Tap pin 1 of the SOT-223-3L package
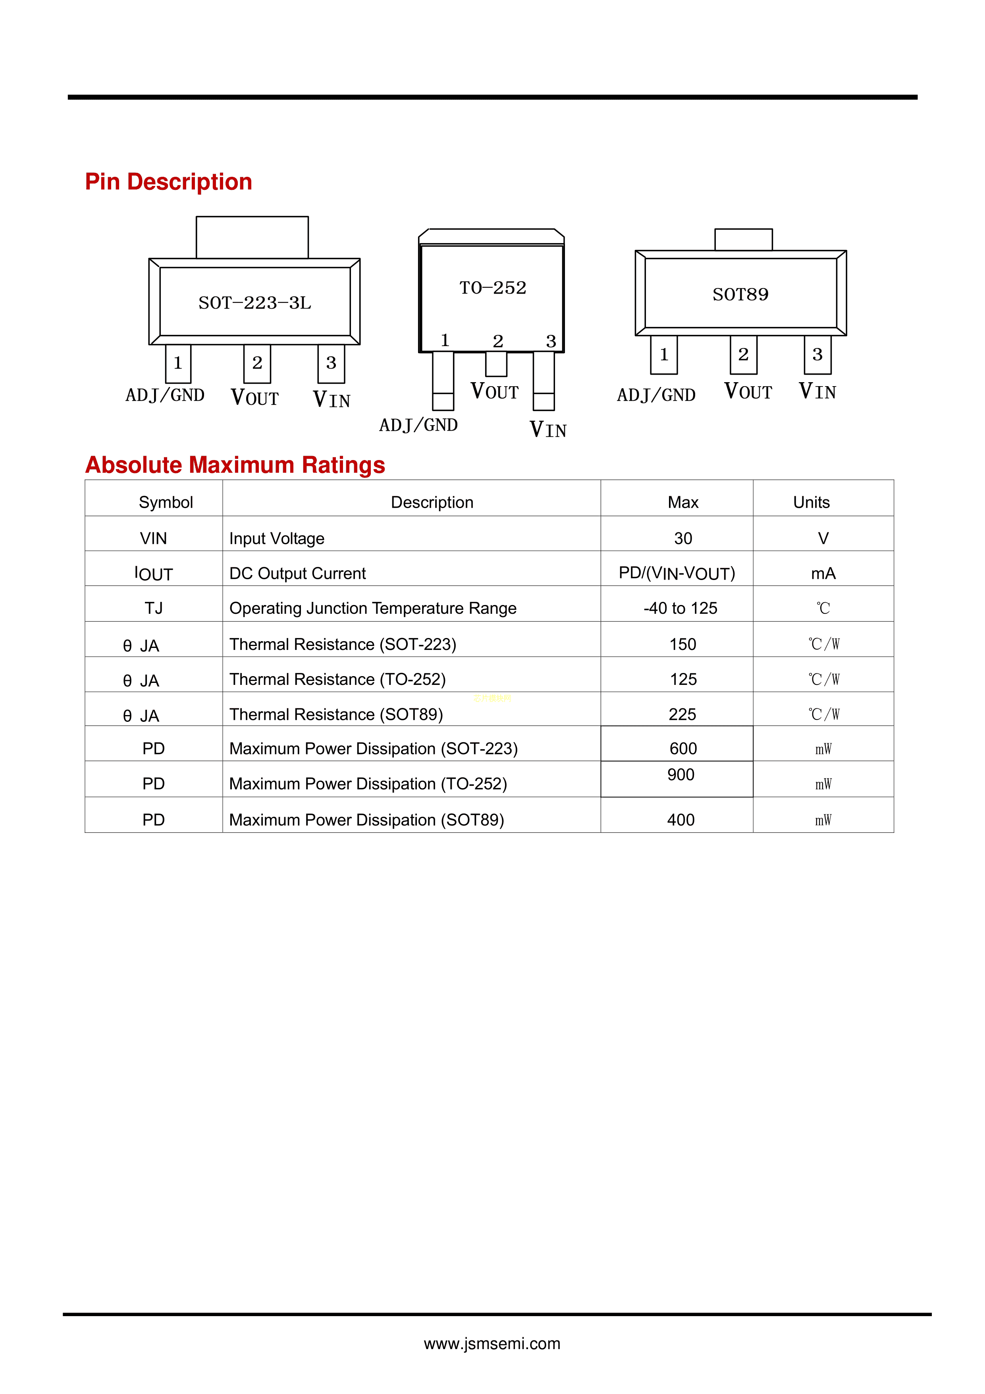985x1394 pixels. click(x=178, y=363)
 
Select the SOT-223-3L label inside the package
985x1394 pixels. click(x=254, y=302)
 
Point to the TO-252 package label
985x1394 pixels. click(x=492, y=288)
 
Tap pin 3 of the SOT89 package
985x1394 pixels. click(x=817, y=355)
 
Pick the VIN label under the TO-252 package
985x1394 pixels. click(x=547, y=430)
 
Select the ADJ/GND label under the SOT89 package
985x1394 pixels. click(x=656, y=395)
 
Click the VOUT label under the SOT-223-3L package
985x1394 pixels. click(x=255, y=398)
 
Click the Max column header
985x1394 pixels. click(x=683, y=502)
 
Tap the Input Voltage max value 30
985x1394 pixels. click(x=683, y=539)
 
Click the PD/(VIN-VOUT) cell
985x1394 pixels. click(x=677, y=573)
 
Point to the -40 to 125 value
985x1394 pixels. click(x=680, y=608)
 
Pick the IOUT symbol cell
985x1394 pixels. click(x=154, y=573)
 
